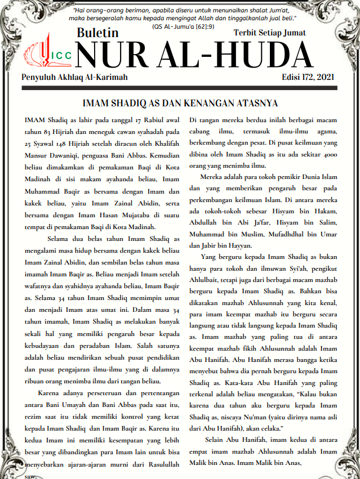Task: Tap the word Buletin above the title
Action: pos(97,34)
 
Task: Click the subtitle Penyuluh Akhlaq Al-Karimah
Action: pos(75,77)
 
